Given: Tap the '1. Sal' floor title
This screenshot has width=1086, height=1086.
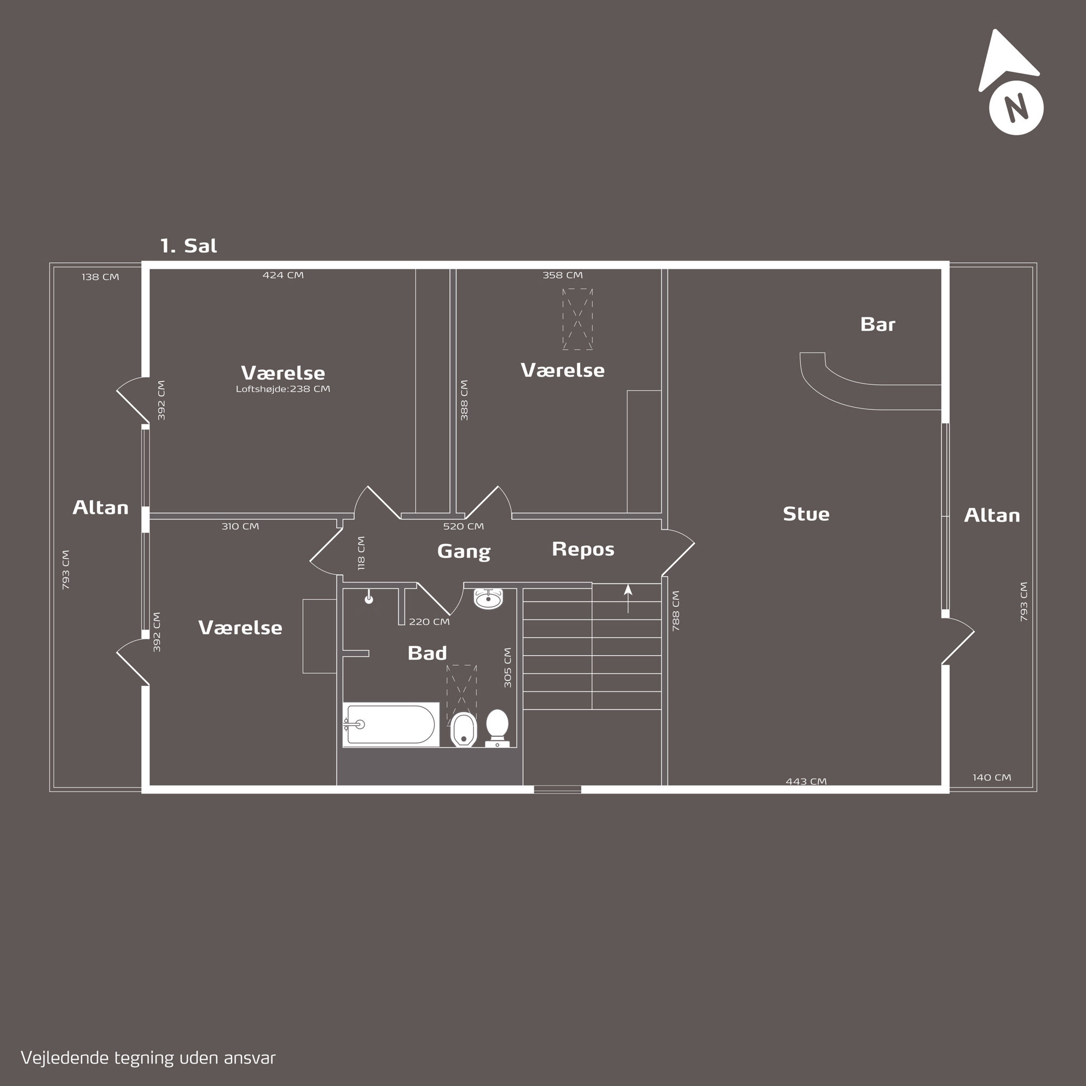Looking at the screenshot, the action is pos(188,246).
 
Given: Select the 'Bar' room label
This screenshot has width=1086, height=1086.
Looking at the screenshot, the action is pos(877,325).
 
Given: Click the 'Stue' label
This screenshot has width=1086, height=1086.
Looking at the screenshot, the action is pos(806,514).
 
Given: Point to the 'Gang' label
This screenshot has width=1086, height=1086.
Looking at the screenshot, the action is pos(464,551).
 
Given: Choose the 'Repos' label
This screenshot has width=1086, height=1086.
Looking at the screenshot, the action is pos(583,549).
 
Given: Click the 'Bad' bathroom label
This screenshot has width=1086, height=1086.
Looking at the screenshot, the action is pos(427,653).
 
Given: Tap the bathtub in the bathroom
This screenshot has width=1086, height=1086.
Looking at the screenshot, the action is pos(391,725).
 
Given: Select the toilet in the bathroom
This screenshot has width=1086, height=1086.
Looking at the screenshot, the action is pos(497,728).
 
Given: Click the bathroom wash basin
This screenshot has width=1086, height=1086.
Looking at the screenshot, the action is pos(488,599).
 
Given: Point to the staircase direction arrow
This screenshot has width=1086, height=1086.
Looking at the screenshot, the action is pos(628,598).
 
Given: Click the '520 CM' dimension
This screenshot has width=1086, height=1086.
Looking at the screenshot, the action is pos(463,527).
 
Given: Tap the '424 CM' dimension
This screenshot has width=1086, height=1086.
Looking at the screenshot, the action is pos(283,275).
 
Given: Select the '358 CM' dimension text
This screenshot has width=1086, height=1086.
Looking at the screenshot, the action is pos(562,275).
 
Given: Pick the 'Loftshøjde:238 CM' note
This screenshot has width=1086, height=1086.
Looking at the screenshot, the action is pos(283,389).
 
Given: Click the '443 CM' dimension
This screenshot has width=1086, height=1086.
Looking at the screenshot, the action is pos(806,781).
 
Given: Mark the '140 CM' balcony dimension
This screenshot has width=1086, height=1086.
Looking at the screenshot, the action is pos(991,777).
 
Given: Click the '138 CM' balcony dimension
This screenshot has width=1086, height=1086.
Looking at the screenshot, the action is pos(100,277).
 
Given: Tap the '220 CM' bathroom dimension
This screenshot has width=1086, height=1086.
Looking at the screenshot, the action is pos(429,622).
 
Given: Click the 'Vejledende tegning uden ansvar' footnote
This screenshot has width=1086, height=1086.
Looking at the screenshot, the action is pos(148,1058).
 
